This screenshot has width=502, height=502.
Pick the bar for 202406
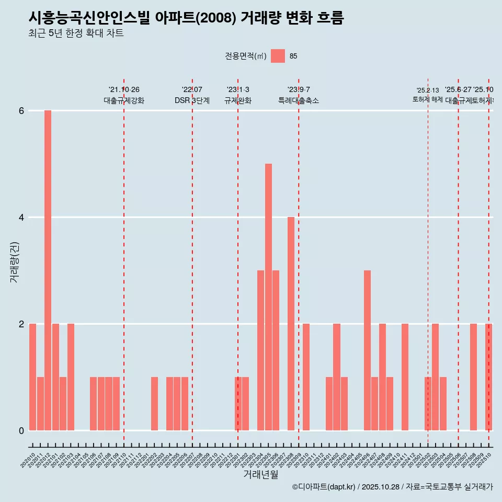coord(367,350)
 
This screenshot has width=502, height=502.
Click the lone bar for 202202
coord(154,403)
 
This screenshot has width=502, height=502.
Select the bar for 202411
coord(405,376)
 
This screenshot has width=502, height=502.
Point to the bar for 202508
coord(473,376)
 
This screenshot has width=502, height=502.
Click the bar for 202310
coord(306,376)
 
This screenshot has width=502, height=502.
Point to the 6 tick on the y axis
coord(21,111)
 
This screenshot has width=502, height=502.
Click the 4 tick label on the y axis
coord(21,217)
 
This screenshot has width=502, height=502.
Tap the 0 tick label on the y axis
coord(21,430)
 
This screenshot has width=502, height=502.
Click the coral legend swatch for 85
coord(278,56)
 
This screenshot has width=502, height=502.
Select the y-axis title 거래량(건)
coord(15,262)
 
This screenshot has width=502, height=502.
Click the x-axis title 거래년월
coord(260,474)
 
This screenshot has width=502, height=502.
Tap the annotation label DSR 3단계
coord(192,101)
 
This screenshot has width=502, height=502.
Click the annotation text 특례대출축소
coord(298,101)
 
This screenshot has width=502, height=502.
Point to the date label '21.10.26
coord(124,90)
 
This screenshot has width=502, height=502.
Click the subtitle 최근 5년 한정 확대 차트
coord(76,34)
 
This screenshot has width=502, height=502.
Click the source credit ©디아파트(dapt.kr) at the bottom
coord(324,487)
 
